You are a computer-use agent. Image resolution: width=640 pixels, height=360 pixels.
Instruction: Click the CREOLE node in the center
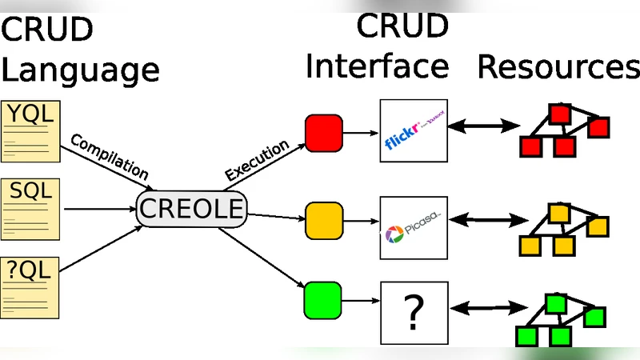tap(190, 210)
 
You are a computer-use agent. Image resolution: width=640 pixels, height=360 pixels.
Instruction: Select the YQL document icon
tap(30, 130)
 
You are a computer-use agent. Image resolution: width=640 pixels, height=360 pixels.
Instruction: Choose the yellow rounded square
tap(323, 221)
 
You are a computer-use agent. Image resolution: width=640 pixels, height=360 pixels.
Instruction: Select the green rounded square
tap(323, 302)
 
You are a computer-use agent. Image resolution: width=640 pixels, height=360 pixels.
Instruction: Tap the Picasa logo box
tap(412, 228)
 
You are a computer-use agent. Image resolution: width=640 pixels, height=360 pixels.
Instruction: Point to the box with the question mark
tap(412, 314)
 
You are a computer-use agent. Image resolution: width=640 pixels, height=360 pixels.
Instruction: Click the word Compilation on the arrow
tap(110, 157)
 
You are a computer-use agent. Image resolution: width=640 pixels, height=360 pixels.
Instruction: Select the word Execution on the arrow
tap(257, 161)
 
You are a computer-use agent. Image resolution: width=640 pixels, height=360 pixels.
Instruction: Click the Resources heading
tap(558, 67)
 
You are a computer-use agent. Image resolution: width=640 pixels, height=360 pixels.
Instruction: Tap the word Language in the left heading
tap(80, 70)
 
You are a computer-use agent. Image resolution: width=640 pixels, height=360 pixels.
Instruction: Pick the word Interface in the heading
tap(377, 67)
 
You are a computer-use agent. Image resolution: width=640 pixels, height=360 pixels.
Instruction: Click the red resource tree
tap(565, 130)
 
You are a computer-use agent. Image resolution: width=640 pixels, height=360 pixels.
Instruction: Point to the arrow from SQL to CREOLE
tap(98, 210)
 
